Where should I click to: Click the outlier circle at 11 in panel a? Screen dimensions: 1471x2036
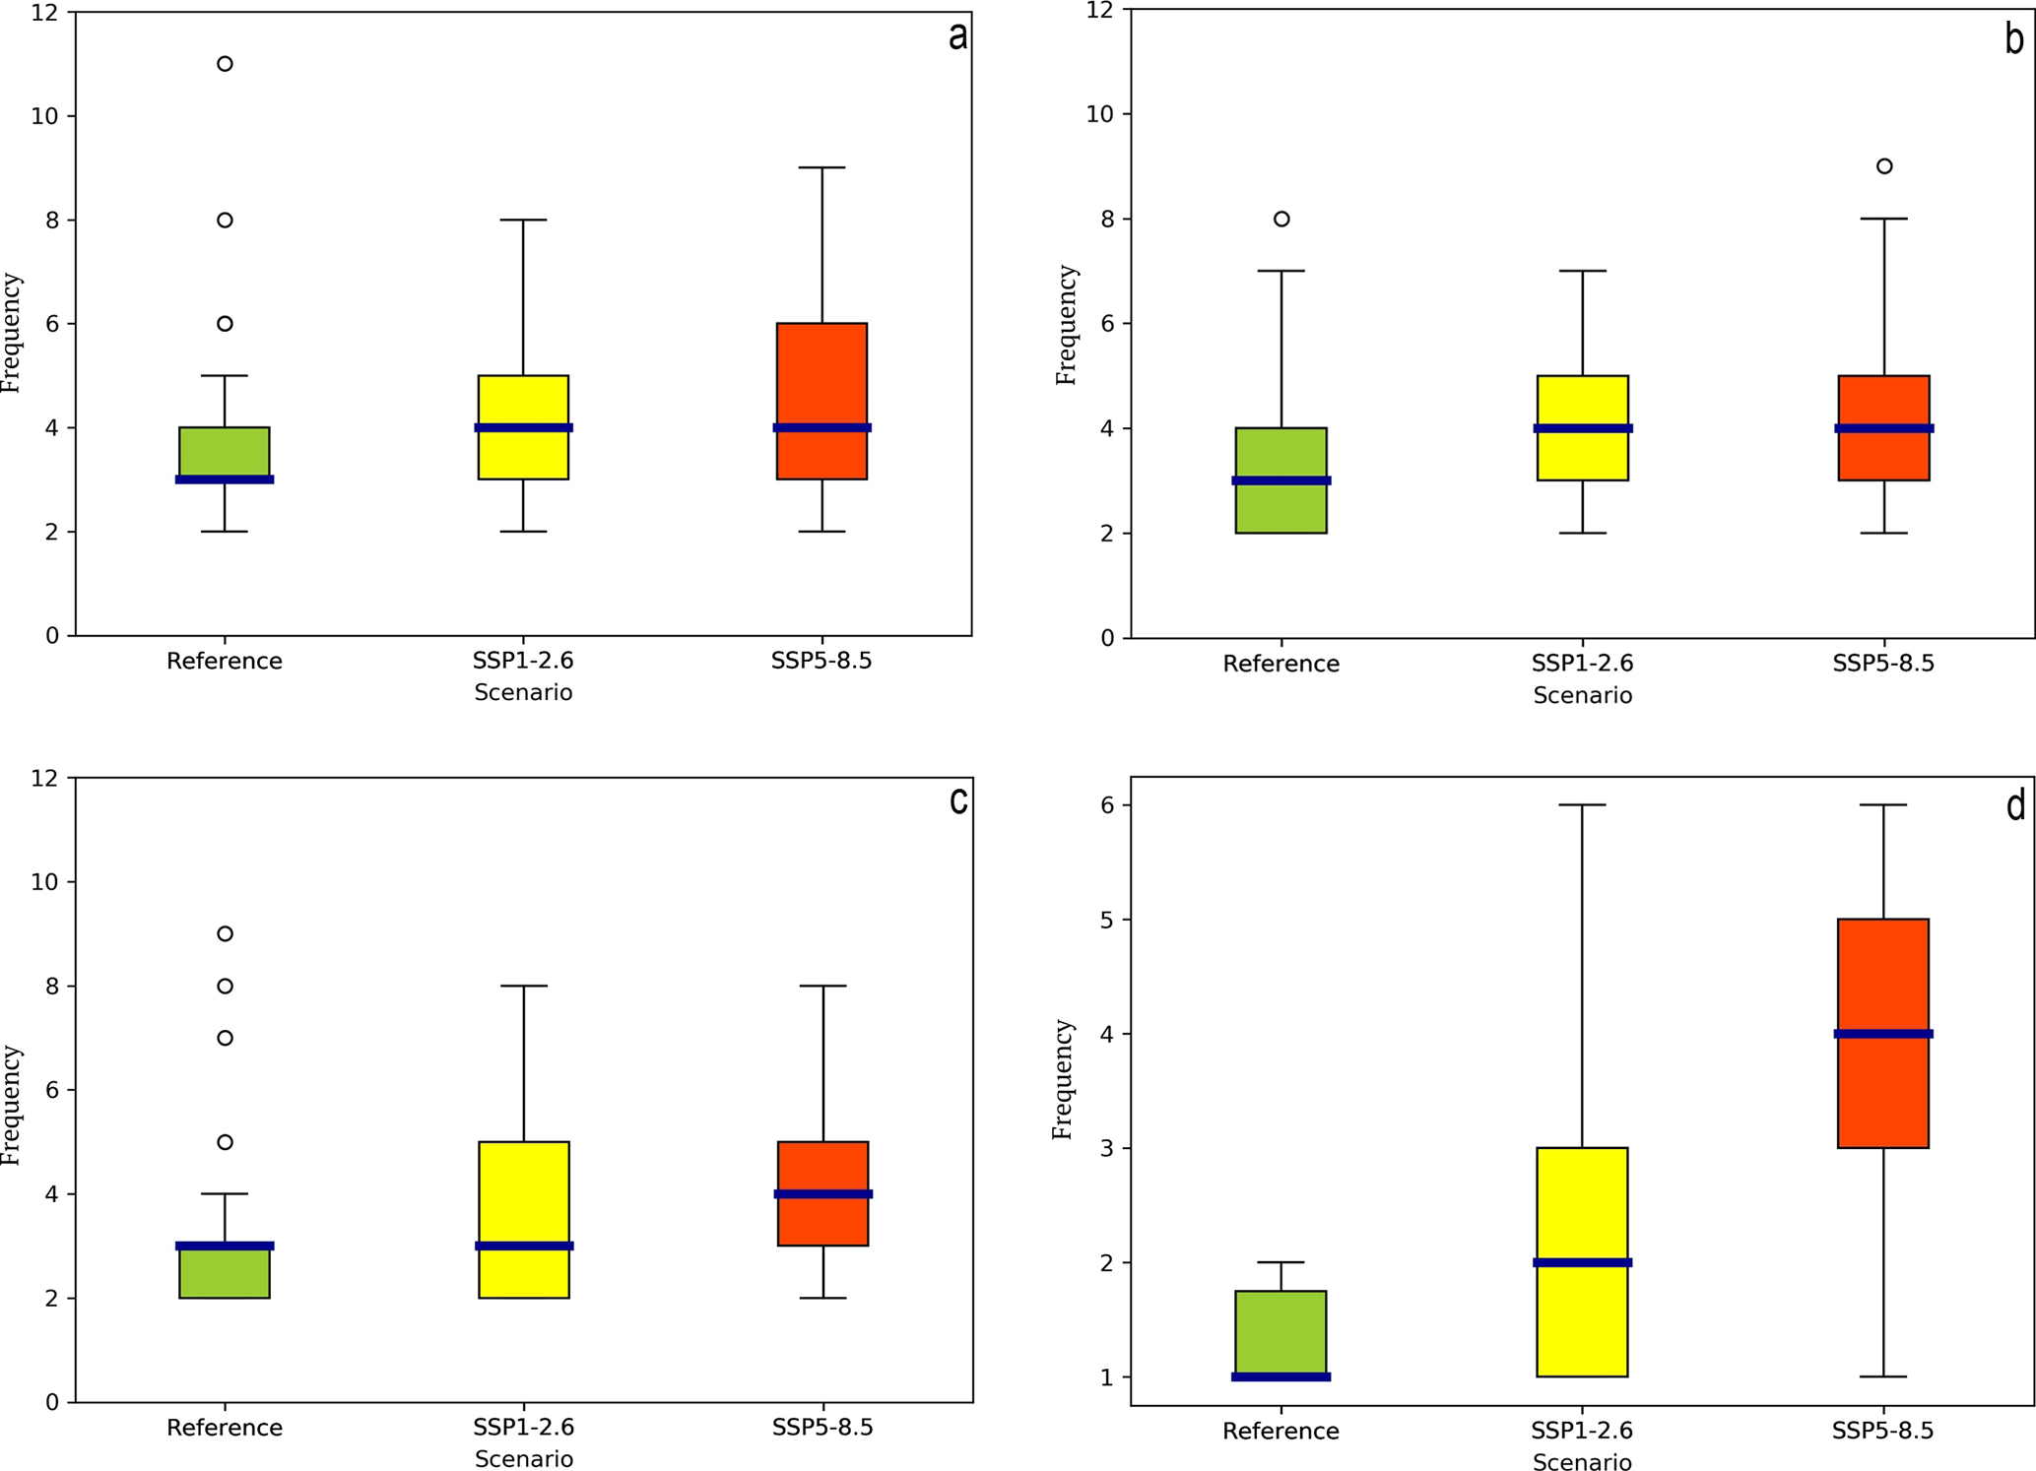pyautogui.click(x=225, y=64)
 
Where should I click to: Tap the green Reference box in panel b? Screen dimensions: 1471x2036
pyautogui.click(x=1281, y=507)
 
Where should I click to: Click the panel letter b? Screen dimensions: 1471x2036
pyautogui.click(x=2014, y=39)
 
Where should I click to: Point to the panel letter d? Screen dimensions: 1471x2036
pyautogui.click(x=2015, y=806)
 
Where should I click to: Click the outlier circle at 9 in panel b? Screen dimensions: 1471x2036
pyautogui.click(x=1884, y=166)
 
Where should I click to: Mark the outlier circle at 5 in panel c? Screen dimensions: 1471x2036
pyautogui.click(x=225, y=1142)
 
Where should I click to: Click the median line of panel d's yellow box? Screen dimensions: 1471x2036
pyautogui.click(x=1583, y=1262)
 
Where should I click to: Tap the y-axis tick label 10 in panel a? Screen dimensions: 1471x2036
pyautogui.click(x=45, y=116)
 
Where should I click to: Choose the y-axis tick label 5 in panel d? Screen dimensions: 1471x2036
pyautogui.click(x=1108, y=920)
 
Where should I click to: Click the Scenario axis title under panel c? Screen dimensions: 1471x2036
pyautogui.click(x=524, y=1459)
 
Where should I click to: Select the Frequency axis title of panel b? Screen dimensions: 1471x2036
pyautogui.click(x=1067, y=325)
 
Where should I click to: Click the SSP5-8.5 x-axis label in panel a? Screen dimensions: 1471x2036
pyautogui.click(x=821, y=661)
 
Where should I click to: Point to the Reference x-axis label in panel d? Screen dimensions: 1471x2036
pyautogui.click(x=1281, y=1432)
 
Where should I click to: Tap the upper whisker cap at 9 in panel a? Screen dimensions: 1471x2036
pyautogui.click(x=822, y=167)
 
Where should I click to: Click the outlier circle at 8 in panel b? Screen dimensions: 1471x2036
pyautogui.click(x=1281, y=219)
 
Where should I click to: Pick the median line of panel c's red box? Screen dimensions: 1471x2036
pyautogui.click(x=822, y=1193)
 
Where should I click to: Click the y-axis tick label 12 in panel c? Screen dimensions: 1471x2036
pyautogui.click(x=45, y=779)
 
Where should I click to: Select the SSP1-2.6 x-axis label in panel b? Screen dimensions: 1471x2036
pyautogui.click(x=1582, y=664)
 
